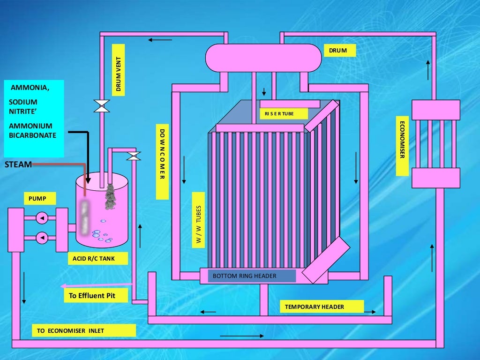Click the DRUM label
[x=338, y=51]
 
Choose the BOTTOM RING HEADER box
[x=248, y=276]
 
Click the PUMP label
[x=37, y=199]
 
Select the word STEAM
[x=18, y=165]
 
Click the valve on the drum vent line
[x=101, y=106]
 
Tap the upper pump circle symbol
[x=42, y=218]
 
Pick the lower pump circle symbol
[x=42, y=238]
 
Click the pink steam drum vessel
[x=263, y=58]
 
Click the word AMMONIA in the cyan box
[x=30, y=88]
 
